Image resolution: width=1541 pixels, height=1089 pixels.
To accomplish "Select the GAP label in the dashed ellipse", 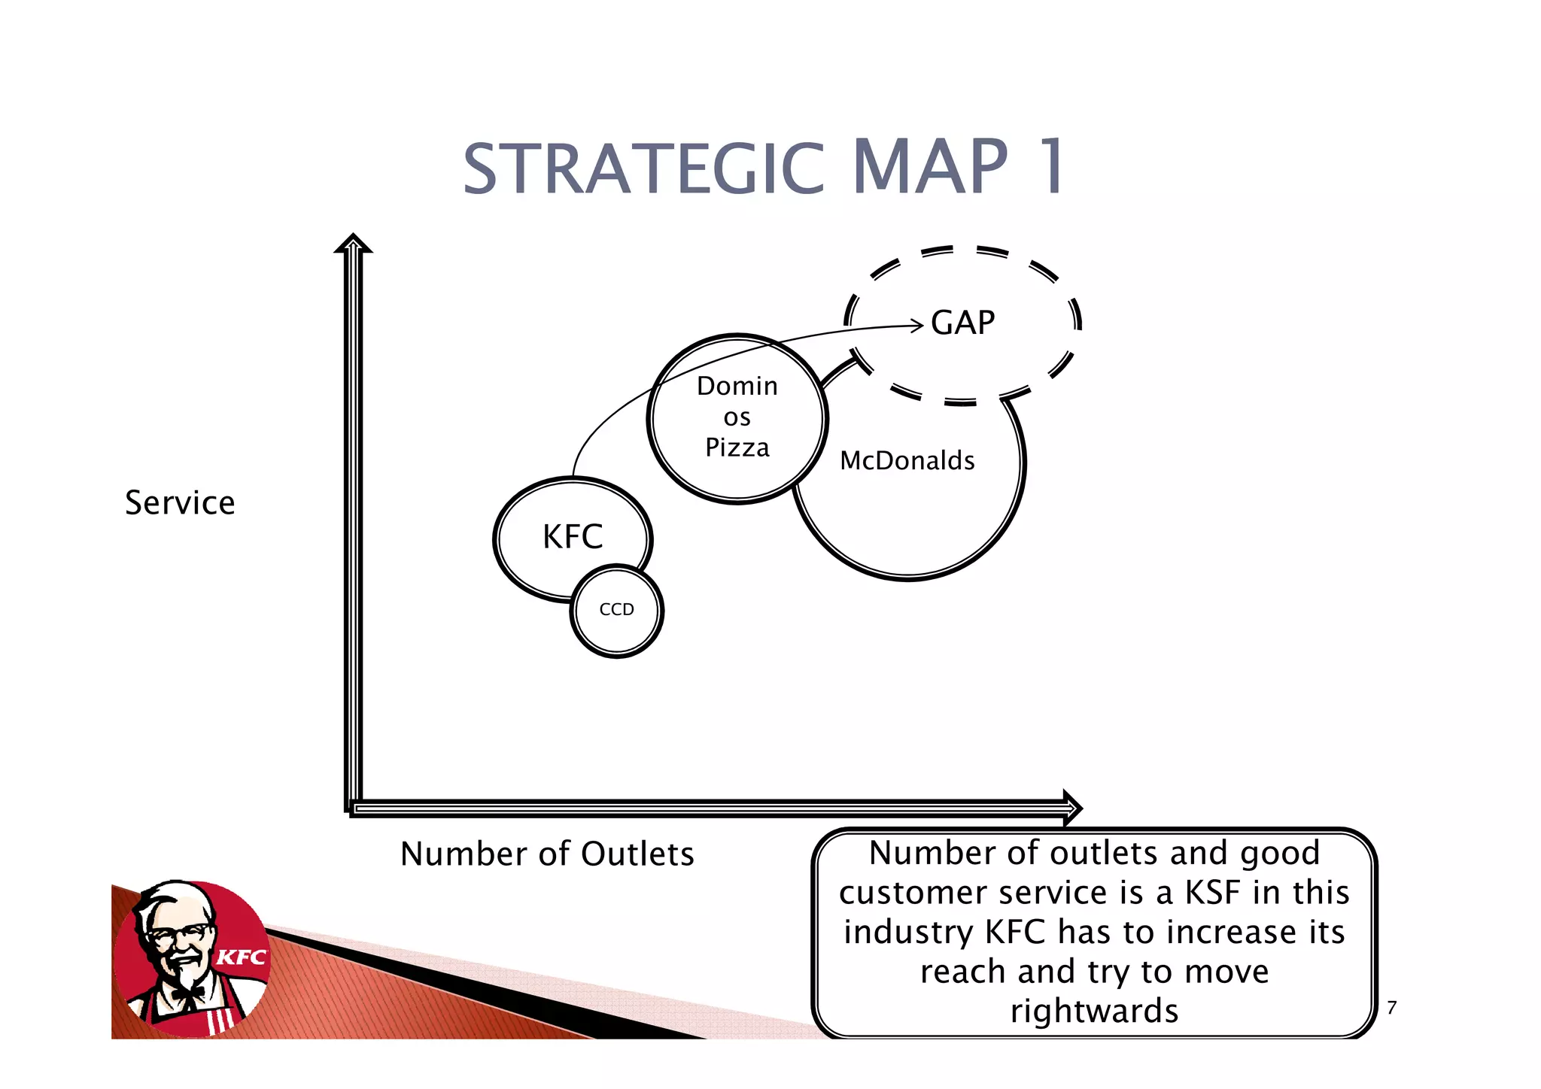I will (962, 323).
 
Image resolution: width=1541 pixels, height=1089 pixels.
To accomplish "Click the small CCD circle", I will (617, 610).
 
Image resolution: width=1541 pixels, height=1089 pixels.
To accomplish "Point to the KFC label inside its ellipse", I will (573, 537).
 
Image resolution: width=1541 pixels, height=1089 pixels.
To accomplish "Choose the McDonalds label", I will (907, 460).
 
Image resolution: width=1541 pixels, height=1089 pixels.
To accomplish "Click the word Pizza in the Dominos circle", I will (737, 448).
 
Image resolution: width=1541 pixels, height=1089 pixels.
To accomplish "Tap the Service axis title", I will (180, 502).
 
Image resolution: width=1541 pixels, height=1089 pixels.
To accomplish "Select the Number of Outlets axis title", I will (547, 854).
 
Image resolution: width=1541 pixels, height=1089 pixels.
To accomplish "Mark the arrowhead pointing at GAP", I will (917, 325).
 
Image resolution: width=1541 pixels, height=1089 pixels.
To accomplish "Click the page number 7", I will (1391, 1008).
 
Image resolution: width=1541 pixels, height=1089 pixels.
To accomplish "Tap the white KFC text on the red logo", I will (242, 957).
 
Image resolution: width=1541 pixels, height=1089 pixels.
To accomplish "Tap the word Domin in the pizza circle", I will (737, 386).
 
